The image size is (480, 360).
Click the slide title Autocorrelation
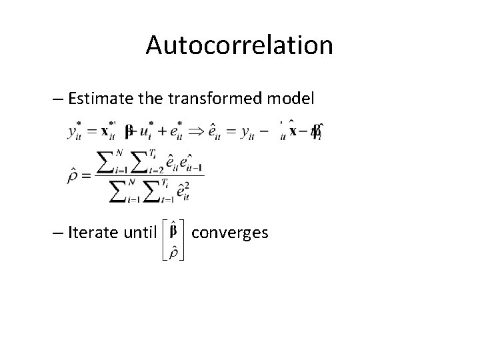coord(239,45)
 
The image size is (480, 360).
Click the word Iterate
coord(90,233)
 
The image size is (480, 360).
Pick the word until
coord(139,233)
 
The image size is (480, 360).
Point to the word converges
coord(229,233)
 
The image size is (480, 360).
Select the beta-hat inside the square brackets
coord(175,231)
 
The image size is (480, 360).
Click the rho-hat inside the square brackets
coord(175,253)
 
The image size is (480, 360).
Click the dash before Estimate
coord(57,101)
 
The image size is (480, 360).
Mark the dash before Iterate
coord(57,233)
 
